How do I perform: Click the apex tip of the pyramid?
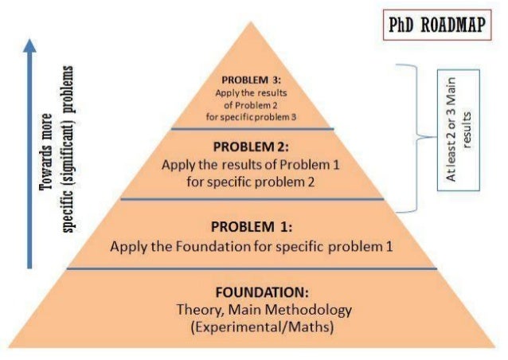coord(252,19)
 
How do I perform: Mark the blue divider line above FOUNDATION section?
coord(252,269)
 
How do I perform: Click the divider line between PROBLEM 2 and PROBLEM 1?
coord(252,200)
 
